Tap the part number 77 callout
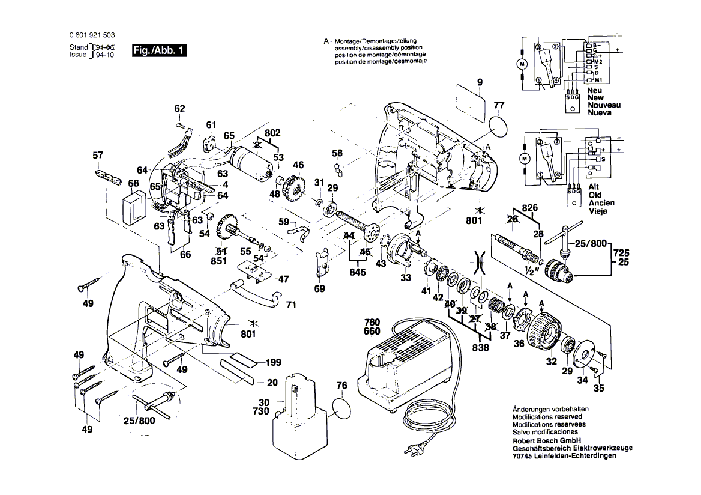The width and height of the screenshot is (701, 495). coord(499,105)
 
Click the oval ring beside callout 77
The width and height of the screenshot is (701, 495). coord(498,127)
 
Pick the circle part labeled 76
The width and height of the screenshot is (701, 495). coord(340,410)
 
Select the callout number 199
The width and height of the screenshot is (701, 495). coord(273,362)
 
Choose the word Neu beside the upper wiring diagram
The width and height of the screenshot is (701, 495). coord(594,91)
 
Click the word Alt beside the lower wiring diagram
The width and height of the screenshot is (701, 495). coord(594,187)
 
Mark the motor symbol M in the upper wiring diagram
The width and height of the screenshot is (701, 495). coord(522,65)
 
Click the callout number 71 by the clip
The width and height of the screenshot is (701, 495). coord(291,305)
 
